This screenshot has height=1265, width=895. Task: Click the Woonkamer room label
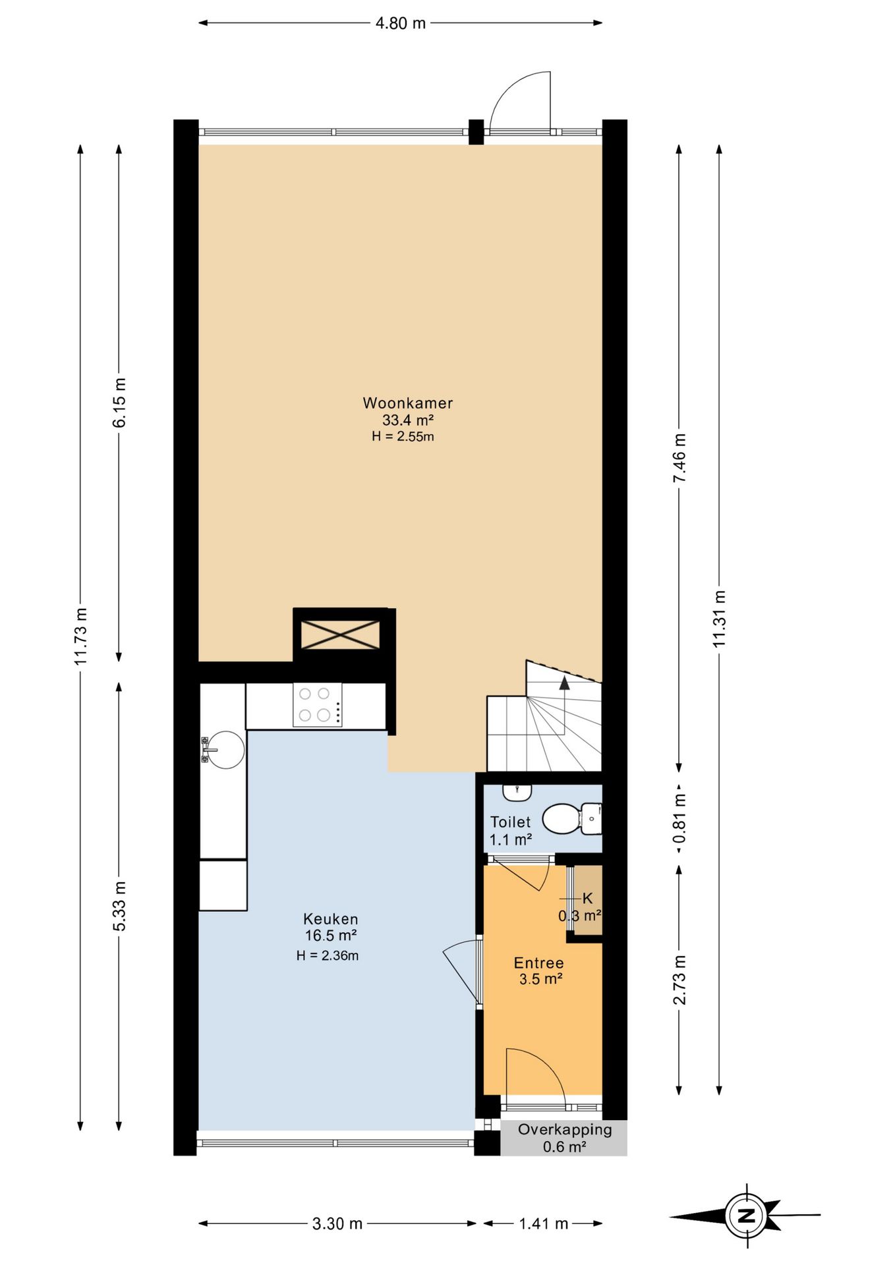coord(407,403)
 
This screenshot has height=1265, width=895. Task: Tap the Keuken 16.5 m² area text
coord(331,936)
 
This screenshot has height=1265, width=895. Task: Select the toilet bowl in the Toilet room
coord(571,818)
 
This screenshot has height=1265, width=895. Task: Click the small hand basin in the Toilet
coord(517,791)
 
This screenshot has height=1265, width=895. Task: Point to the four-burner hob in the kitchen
coord(317,704)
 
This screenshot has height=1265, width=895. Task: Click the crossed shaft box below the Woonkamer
coord(340,634)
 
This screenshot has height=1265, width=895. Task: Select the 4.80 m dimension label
coord(401,23)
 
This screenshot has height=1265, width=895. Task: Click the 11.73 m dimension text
coord(80,636)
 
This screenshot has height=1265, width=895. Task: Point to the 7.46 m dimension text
coord(679,457)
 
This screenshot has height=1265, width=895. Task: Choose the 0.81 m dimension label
coord(679,818)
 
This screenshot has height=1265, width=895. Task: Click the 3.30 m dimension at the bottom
coord(337,1223)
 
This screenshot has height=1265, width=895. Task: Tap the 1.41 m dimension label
coord(543,1223)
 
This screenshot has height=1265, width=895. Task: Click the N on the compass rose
coord(747,1216)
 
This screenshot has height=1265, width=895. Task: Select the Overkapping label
coord(565,1129)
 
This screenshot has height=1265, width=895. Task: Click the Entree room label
coord(539,963)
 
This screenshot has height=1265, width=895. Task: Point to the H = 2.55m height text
coord(403,436)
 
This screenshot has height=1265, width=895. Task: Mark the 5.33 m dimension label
coord(119,906)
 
